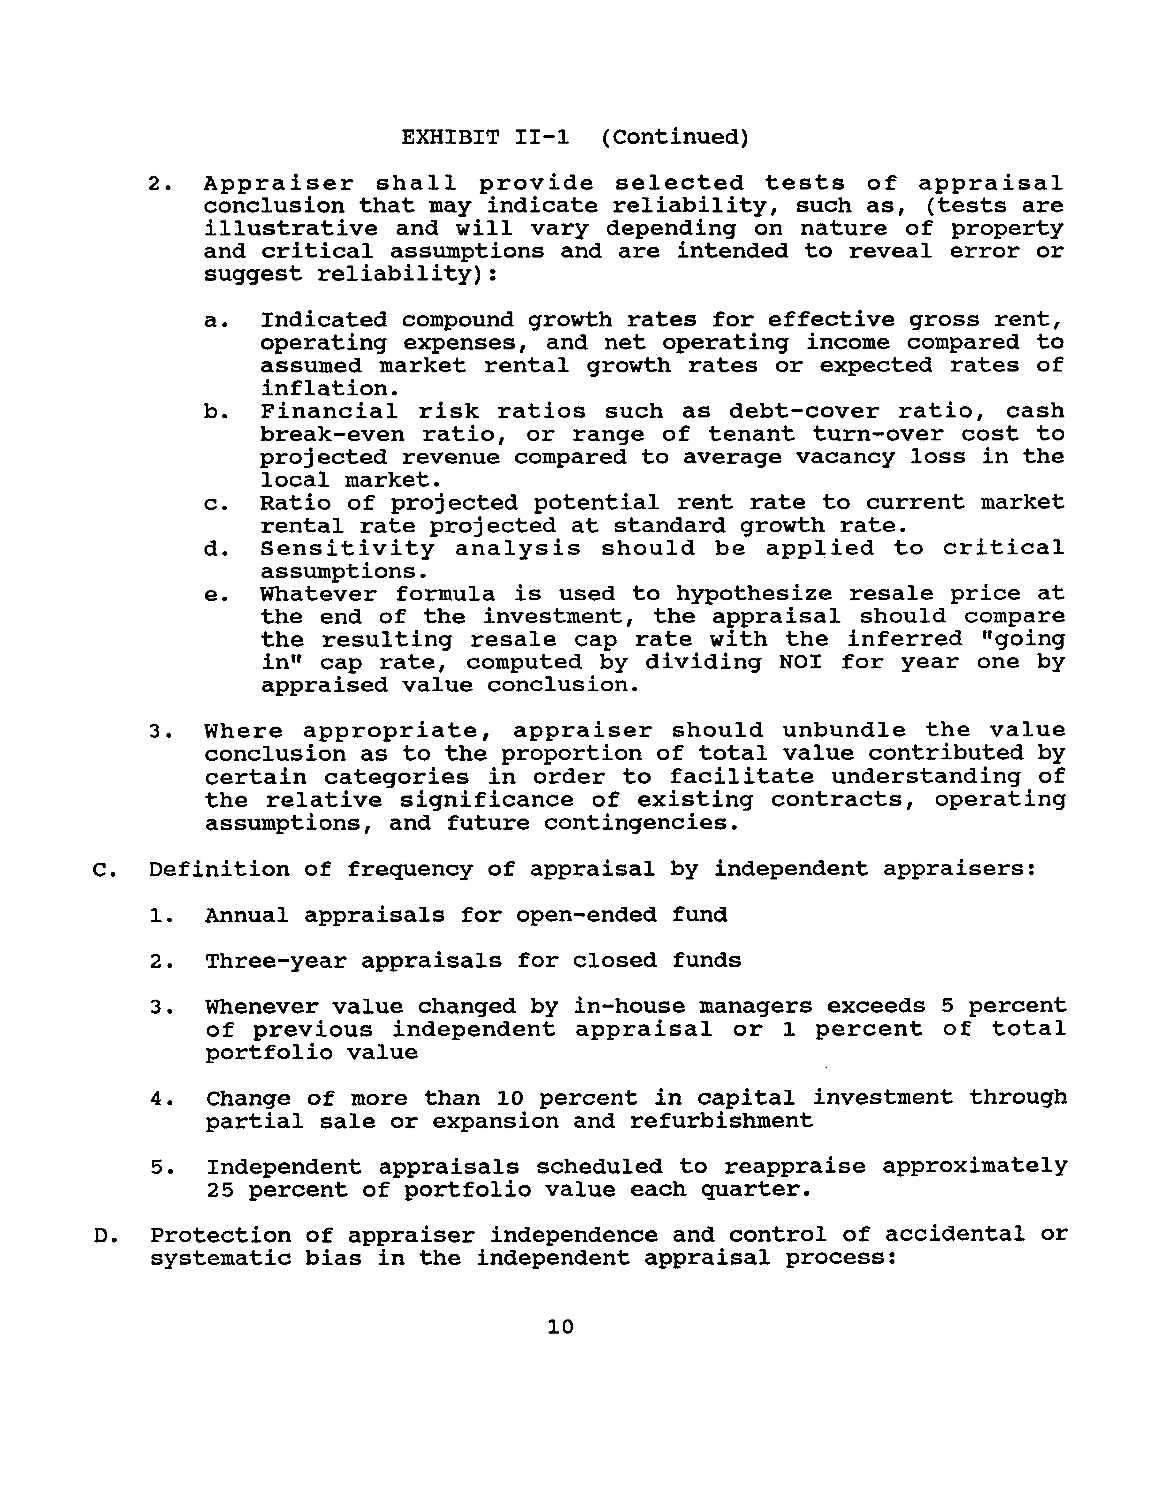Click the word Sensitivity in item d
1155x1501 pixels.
click(x=348, y=548)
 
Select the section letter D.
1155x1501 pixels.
click(x=101, y=1235)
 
